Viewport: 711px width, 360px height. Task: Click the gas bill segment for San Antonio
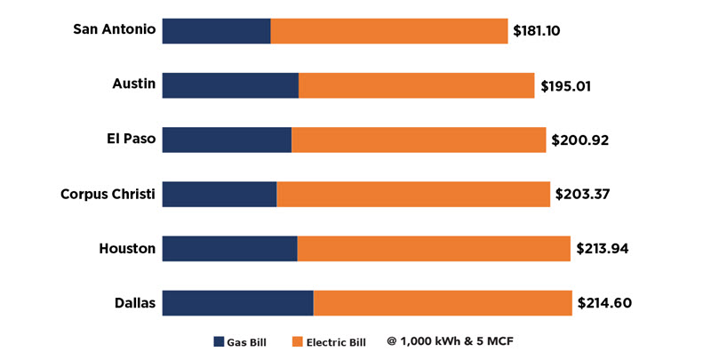coord(217,30)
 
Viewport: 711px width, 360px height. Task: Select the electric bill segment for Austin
coord(417,85)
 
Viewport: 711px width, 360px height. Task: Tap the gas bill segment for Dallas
coord(238,302)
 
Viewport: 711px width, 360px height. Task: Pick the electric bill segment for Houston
coord(434,248)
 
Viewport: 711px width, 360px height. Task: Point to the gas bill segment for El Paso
coord(228,140)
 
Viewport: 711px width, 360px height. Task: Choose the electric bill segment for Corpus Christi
coord(413,194)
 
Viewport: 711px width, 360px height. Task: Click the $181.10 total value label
coord(536,31)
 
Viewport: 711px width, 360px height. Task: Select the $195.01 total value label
coord(565,86)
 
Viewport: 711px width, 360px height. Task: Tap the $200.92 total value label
coord(579,140)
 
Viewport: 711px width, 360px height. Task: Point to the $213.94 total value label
coord(603,249)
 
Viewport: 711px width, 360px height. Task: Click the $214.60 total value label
coord(604,303)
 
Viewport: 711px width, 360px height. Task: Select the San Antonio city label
coord(115,29)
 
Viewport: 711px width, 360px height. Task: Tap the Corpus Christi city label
coord(108,194)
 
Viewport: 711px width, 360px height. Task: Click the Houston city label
coord(128,248)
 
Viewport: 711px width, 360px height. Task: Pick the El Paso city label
coord(131,140)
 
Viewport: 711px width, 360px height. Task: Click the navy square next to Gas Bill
coord(219,341)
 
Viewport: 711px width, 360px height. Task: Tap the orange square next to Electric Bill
coord(297,341)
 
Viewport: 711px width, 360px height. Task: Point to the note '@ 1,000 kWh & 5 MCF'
coord(450,340)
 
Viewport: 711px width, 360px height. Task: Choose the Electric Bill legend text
coord(336,341)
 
